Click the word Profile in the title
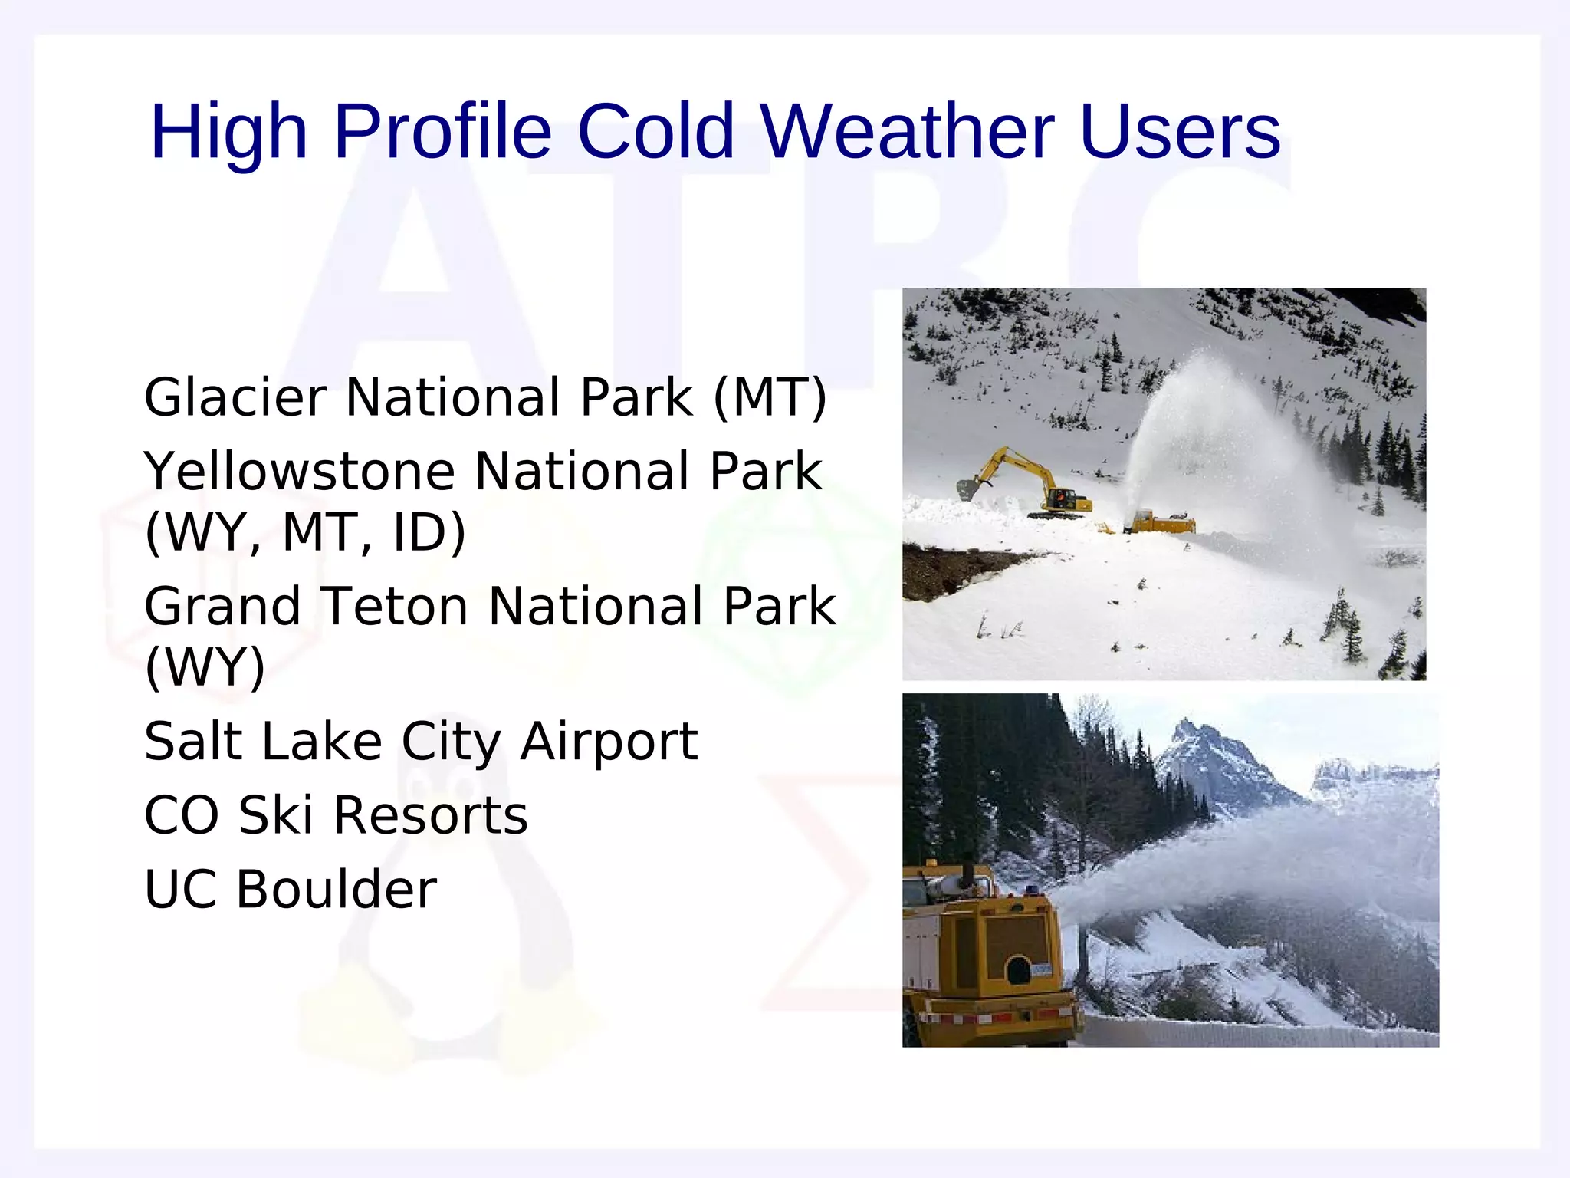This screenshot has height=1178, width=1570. tap(442, 132)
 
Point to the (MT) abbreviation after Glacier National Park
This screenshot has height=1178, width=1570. tap(770, 397)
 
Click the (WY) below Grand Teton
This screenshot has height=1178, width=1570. tap(205, 667)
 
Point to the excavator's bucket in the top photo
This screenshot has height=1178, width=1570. tap(967, 489)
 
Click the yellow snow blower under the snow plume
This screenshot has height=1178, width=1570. tap(1159, 523)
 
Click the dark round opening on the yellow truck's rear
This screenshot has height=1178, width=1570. tap(1018, 971)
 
